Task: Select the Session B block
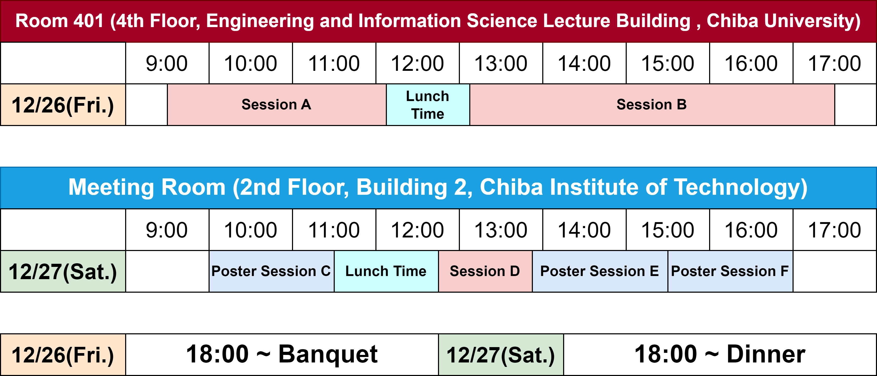point(652,105)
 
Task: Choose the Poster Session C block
point(271,271)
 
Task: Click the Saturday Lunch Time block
point(386,271)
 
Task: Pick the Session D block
point(485,271)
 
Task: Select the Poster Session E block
point(600,271)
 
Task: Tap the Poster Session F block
point(730,271)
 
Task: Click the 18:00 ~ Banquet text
point(282,354)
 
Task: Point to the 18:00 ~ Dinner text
point(720,354)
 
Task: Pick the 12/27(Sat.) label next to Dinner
point(501,355)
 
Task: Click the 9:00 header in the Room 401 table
point(167,63)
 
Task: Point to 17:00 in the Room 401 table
point(835,63)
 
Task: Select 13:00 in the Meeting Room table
point(501,230)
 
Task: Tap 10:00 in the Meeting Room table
point(251,230)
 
